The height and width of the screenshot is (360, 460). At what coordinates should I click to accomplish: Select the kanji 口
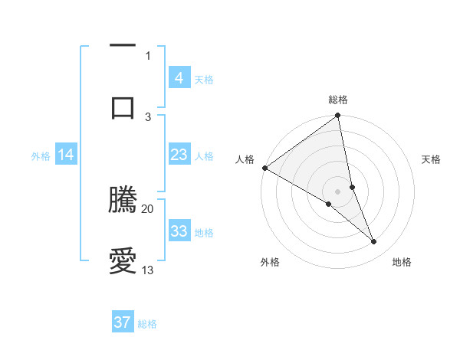[123, 108]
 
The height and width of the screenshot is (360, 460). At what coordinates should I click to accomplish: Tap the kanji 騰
[123, 200]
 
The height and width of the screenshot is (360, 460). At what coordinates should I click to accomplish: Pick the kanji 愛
[123, 261]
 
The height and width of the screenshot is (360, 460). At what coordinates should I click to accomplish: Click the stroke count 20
[148, 208]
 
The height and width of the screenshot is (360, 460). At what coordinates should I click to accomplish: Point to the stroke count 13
[148, 270]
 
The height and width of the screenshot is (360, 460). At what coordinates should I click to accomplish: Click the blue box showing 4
[179, 78]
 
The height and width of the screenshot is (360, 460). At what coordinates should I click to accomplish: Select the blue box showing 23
[179, 155]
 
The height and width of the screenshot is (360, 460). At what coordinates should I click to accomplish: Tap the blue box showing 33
[179, 231]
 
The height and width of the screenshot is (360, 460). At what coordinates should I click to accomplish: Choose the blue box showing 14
[65, 155]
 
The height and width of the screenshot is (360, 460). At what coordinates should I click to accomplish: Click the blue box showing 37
[122, 322]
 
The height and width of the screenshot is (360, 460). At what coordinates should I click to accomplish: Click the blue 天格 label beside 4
[204, 79]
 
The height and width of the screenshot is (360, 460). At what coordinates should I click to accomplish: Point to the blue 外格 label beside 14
[41, 155]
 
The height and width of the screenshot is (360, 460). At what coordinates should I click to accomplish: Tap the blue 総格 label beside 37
[147, 324]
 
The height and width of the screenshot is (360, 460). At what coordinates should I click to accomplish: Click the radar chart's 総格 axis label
[338, 100]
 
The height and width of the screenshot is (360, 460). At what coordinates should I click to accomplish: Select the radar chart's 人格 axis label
[245, 159]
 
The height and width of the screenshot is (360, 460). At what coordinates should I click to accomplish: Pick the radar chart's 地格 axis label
[402, 262]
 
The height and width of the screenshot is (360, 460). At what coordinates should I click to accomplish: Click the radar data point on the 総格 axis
[338, 116]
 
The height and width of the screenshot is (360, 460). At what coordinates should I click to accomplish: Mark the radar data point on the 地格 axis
[374, 242]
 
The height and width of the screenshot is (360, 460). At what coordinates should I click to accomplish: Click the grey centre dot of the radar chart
[338, 191]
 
